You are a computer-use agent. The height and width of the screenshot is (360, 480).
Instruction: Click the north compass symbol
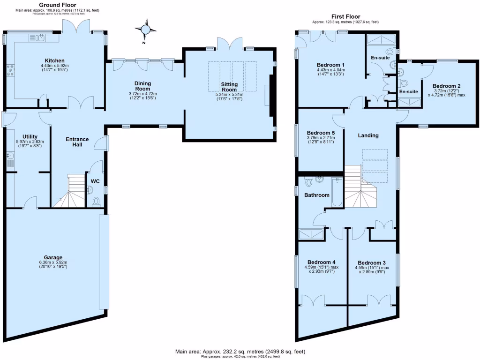tap(147, 30)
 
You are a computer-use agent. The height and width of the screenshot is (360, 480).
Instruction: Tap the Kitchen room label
tap(54, 60)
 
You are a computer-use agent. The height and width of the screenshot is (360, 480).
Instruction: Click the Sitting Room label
tap(229, 87)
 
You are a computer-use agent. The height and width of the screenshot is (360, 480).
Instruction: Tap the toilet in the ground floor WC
tap(97, 202)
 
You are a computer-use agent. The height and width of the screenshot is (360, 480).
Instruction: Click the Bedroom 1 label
tap(330, 65)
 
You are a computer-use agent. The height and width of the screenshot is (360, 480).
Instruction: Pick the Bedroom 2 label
tap(446, 86)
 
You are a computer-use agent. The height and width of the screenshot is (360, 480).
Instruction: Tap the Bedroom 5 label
tap(320, 132)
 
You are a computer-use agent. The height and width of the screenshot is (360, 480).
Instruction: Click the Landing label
tap(368, 135)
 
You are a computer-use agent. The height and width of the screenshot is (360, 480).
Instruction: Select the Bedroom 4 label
tap(321, 262)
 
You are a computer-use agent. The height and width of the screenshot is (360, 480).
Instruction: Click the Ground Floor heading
tap(59, 5)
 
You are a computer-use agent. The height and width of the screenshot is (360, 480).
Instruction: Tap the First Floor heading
tap(345, 16)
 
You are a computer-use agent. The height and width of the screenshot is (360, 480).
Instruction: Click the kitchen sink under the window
tap(41, 38)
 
